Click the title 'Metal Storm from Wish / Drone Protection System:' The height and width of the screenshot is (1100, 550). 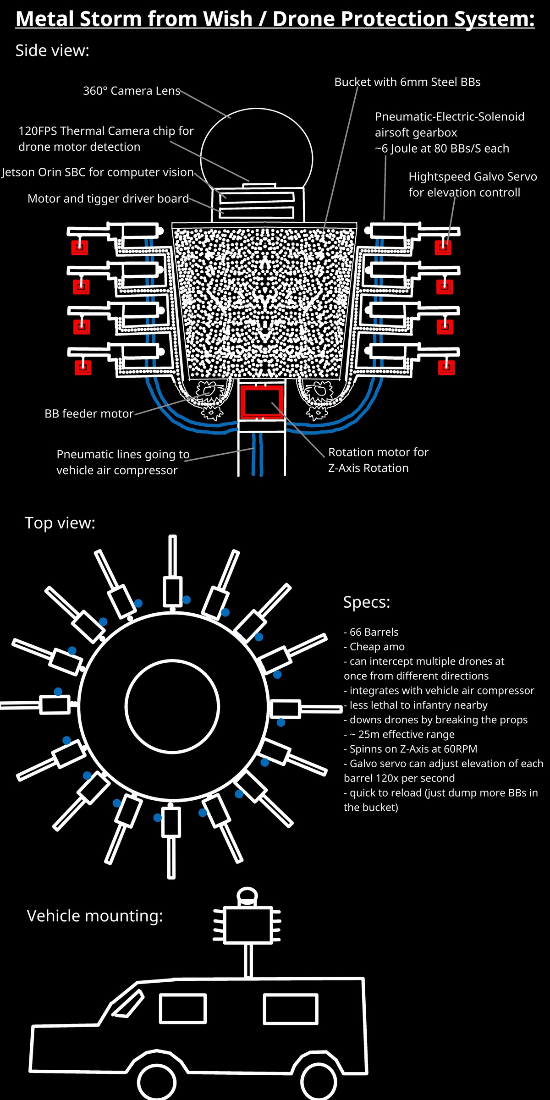275,19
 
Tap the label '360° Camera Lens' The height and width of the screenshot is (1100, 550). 132,91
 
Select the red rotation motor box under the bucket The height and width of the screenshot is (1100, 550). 262,401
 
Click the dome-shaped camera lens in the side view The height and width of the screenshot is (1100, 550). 257,147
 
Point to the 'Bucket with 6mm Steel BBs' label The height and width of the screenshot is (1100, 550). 407,82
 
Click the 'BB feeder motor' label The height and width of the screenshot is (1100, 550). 89,413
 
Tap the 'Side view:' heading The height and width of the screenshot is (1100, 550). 52,50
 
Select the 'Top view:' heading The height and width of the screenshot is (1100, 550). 60,523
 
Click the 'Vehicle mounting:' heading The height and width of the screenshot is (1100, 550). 95,916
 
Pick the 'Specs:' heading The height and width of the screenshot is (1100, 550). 367,602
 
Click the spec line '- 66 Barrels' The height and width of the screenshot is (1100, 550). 371,632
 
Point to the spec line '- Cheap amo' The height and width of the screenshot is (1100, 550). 374,647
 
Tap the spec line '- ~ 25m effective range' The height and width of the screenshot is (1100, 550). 399,734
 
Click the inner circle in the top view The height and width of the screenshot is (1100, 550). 172,706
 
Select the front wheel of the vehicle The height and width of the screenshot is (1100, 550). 157,1083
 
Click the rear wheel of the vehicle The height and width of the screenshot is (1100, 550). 319,1083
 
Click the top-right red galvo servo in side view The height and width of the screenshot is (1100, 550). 443,247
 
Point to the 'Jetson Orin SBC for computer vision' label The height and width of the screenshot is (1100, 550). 98,172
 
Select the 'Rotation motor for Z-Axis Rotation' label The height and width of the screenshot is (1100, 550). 378,460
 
